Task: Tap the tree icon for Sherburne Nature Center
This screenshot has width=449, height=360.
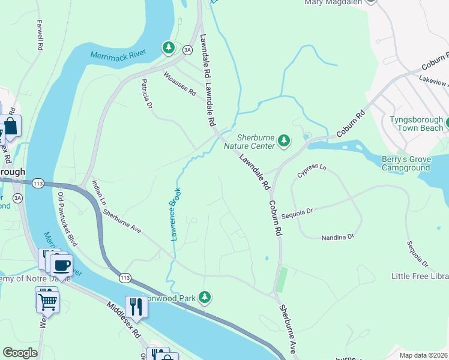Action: (x=285, y=142)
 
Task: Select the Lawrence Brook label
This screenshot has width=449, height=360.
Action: (x=176, y=214)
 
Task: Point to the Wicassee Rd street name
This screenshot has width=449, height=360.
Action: (x=180, y=84)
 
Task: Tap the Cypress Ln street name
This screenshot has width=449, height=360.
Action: (x=312, y=170)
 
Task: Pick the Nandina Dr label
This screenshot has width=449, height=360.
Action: (x=337, y=237)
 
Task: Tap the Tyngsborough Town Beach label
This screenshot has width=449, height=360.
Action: (x=416, y=124)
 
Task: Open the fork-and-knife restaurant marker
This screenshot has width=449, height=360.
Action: (x=137, y=307)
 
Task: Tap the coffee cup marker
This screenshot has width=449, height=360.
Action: (x=61, y=265)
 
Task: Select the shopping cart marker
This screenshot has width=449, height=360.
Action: (x=47, y=300)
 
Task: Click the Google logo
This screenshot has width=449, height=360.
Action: (x=20, y=353)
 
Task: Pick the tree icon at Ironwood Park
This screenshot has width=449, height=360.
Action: (x=205, y=297)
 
